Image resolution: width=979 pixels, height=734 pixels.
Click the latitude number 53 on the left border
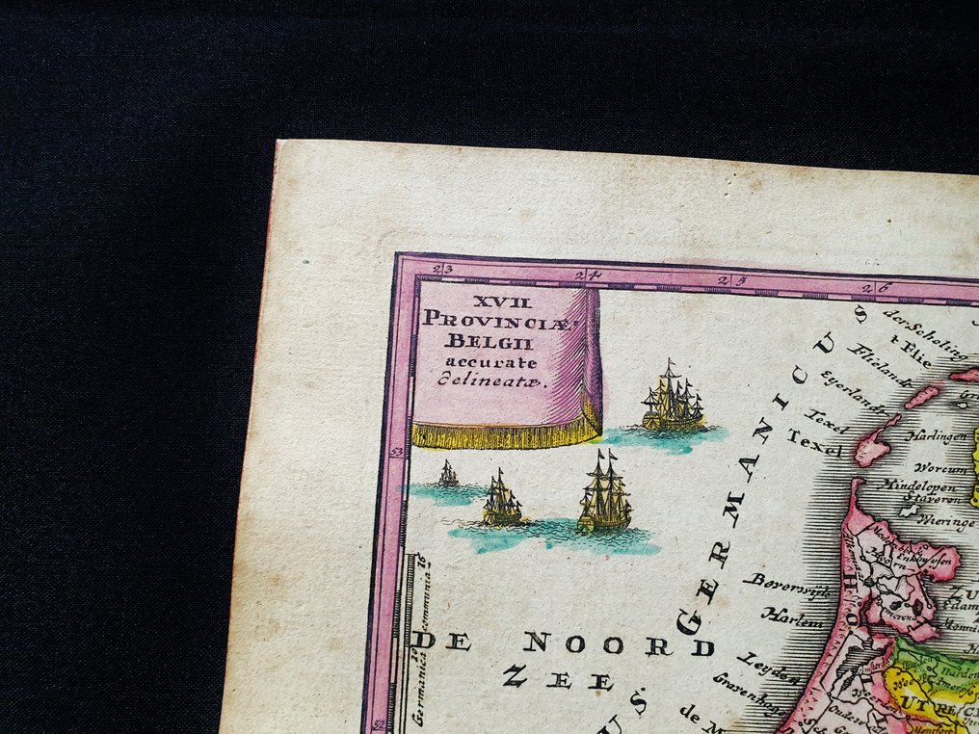[395, 450]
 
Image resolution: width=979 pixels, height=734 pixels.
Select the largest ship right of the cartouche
[673, 398]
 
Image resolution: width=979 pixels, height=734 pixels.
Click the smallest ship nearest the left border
[448, 474]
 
